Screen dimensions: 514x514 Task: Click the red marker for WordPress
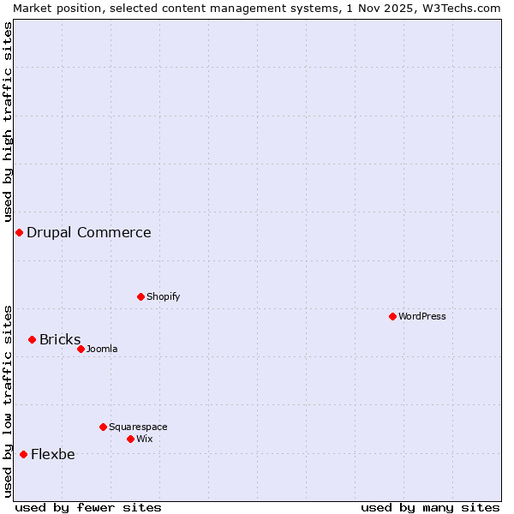(392, 316)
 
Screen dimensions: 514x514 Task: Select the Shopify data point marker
(140, 296)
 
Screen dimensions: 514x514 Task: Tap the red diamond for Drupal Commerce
(19, 232)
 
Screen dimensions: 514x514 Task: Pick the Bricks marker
(32, 339)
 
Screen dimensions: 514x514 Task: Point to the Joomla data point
(81, 349)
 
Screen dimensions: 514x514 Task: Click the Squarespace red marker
(103, 427)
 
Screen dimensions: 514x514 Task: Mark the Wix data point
(130, 439)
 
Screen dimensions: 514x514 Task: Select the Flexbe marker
(23, 454)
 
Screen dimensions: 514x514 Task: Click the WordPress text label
(422, 316)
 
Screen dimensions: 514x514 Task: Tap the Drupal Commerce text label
(88, 232)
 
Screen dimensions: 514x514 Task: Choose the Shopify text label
(163, 296)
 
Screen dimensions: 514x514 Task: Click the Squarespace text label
(138, 427)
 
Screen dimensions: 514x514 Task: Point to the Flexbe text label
(52, 454)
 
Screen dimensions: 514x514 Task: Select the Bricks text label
(60, 339)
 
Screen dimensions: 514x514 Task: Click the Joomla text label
(102, 349)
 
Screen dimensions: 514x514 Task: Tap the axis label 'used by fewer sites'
(88, 507)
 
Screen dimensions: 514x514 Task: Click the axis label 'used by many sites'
(430, 507)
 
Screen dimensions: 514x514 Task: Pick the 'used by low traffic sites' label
(8, 401)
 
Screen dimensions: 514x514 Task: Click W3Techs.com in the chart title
(461, 8)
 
